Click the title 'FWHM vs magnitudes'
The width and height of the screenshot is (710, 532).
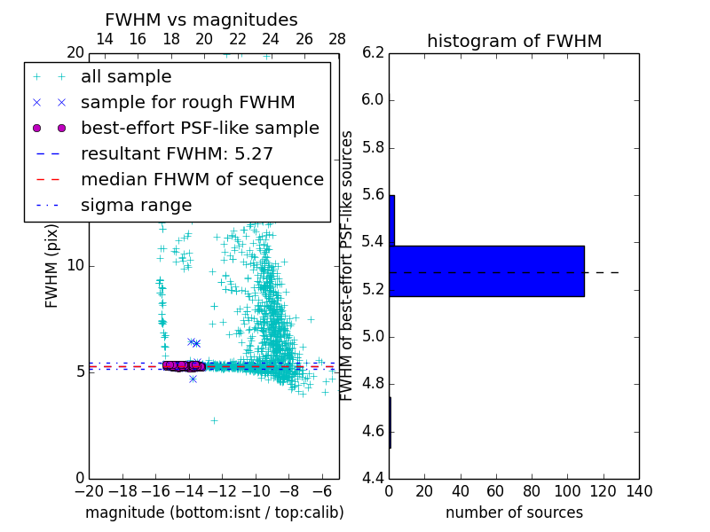[201, 20]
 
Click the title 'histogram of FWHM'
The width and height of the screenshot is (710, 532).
[514, 41]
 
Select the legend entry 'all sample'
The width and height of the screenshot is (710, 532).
[126, 77]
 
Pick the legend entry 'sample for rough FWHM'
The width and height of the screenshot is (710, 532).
[187, 103]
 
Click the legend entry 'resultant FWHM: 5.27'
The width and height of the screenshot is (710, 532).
[177, 154]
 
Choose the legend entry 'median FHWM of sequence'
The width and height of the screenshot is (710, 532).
[201, 180]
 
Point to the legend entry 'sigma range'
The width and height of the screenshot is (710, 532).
[136, 206]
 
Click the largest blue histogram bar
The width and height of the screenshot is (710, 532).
[486, 270]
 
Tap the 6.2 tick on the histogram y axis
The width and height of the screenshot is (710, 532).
[374, 52]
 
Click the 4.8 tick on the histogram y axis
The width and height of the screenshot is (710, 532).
[374, 384]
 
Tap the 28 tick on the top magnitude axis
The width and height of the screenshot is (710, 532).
[338, 39]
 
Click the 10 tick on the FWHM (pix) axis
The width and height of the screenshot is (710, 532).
[75, 265]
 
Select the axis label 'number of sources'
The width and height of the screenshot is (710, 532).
[514, 512]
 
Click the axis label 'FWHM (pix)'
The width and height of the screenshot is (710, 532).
[52, 265]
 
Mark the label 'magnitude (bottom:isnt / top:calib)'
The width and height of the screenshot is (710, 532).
[214, 512]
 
